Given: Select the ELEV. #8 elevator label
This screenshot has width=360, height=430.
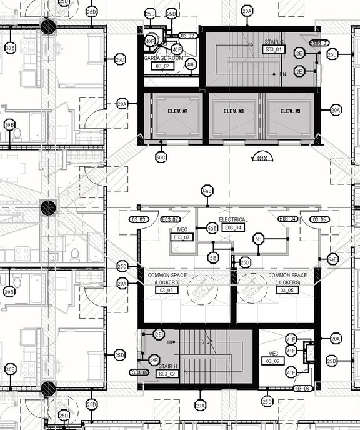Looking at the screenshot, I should click(233, 111).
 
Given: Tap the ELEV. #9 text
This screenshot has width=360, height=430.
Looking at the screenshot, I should click(290, 111).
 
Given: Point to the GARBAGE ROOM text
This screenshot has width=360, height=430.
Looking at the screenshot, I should click(163, 58).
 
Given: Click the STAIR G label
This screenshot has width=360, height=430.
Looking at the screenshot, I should click(274, 42).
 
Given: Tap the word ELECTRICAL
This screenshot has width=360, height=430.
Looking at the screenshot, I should click(233, 220).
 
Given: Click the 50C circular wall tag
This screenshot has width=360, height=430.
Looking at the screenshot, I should click(161, 157).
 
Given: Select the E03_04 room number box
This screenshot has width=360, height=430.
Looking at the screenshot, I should click(233, 227).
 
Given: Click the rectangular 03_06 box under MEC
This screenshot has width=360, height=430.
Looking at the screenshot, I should click(272, 361).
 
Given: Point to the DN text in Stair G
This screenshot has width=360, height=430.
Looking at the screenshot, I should click(282, 74).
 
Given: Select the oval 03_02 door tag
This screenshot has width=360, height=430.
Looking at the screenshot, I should click(187, 36).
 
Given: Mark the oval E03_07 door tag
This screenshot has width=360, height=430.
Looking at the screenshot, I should click(171, 219).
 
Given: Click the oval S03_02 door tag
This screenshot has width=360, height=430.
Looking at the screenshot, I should click(139, 372).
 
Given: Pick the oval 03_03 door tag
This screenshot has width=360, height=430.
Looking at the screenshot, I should click(138, 219).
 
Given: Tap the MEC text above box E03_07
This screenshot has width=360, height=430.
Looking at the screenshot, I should click(182, 229).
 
